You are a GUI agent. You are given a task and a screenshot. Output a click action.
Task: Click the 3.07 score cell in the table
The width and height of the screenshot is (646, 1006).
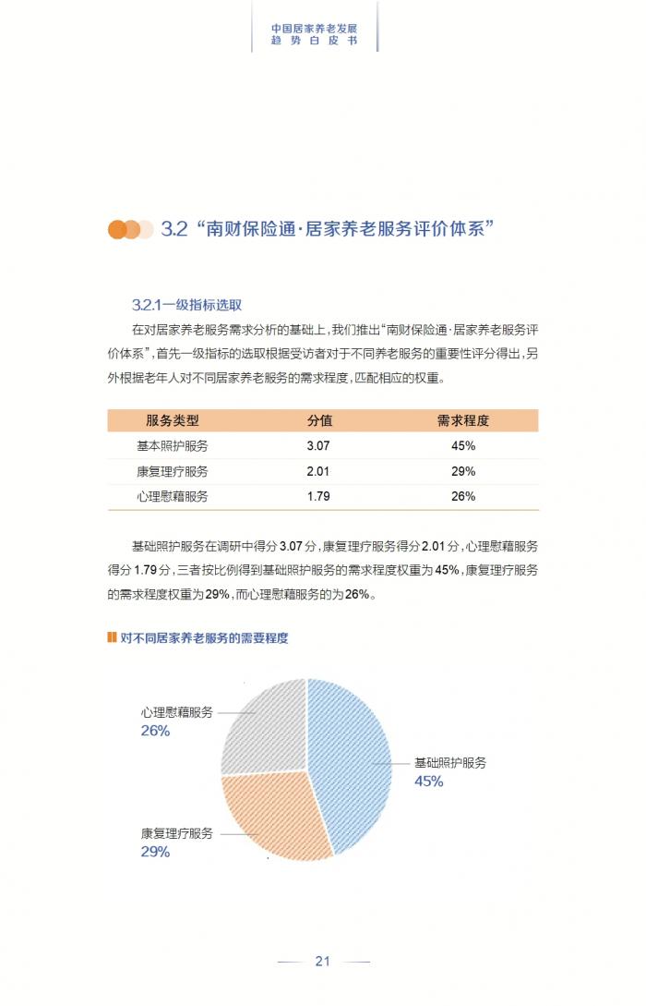(318, 445)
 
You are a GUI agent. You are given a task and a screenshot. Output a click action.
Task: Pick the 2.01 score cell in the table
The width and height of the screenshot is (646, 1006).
(318, 471)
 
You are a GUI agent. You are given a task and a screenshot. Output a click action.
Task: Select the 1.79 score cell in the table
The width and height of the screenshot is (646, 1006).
(318, 496)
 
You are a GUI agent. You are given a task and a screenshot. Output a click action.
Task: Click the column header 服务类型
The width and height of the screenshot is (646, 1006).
(173, 420)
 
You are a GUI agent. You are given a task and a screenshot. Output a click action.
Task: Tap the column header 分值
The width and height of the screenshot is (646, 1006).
(319, 420)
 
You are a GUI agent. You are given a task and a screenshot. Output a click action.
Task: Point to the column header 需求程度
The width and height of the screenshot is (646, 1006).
(463, 420)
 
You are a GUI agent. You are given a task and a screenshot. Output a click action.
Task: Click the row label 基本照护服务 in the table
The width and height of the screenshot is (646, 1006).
(173, 445)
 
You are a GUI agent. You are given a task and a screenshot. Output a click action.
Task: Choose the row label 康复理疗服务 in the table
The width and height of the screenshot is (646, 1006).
(173, 471)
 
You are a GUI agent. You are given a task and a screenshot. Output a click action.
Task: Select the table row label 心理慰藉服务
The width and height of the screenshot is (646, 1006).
(173, 496)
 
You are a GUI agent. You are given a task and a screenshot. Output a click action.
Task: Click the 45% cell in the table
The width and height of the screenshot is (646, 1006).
(463, 445)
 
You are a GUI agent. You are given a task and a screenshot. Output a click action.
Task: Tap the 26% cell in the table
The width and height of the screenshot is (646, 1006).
(463, 496)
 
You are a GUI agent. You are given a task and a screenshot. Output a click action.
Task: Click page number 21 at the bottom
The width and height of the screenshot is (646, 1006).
(323, 961)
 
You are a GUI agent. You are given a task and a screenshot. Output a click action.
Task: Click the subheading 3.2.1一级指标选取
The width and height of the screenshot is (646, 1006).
(187, 305)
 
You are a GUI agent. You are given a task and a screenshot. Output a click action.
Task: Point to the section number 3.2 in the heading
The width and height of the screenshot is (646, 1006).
(174, 229)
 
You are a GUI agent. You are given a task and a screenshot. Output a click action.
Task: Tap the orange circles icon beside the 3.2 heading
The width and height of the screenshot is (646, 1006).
(130, 229)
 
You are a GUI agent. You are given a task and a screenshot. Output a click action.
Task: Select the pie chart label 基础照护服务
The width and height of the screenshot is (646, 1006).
(450, 763)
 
